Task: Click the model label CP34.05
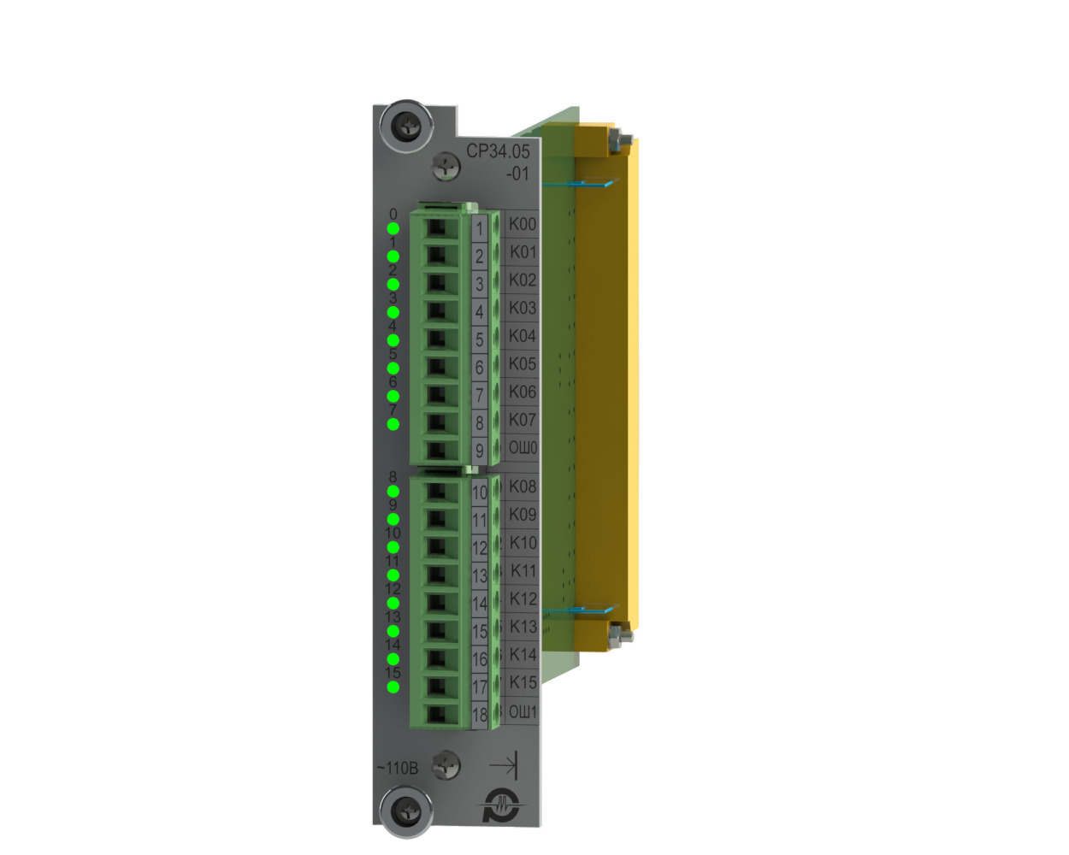pos(498,151)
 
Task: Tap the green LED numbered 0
pos(393,228)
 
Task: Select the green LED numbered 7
pos(393,424)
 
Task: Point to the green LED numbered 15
pos(393,687)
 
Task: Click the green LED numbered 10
pos(393,547)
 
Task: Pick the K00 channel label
pos(523,224)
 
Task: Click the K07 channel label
pos(523,420)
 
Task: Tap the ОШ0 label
pos(523,448)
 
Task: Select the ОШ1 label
pos(523,712)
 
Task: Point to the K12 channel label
pos(523,598)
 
